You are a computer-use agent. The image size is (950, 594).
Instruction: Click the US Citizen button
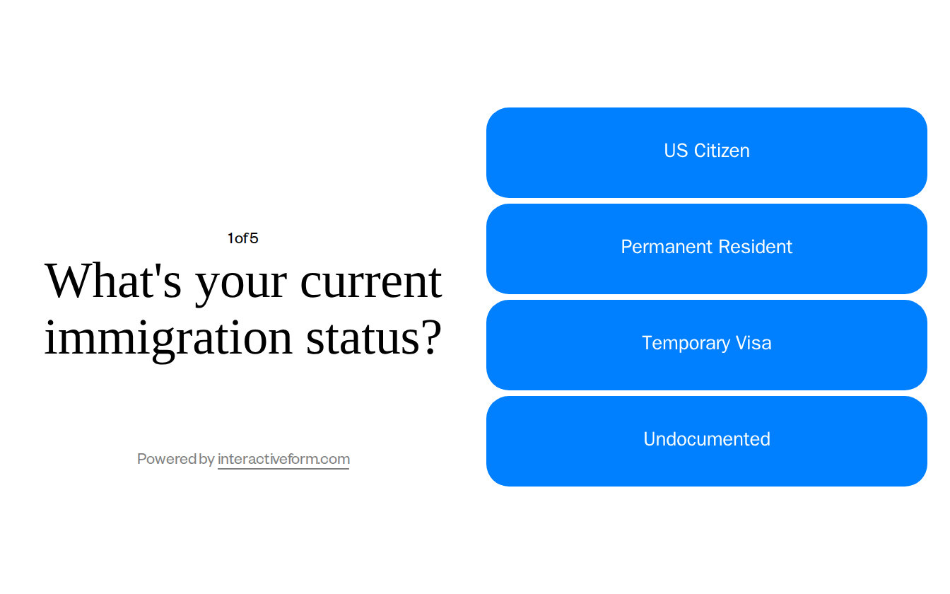(x=706, y=152)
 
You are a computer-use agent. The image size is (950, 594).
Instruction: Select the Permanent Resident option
(x=706, y=248)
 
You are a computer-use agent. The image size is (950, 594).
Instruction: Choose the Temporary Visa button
(x=706, y=344)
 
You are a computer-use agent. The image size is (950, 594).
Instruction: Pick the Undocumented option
(x=706, y=441)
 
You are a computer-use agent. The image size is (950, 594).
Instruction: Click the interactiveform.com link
(x=283, y=459)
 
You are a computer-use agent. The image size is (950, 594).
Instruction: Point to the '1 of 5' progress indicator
(x=242, y=238)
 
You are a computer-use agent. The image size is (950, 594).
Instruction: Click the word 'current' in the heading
(x=371, y=281)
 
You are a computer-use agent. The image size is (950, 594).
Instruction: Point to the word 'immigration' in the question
(x=168, y=338)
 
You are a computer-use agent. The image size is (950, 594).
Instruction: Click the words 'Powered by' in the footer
(x=175, y=459)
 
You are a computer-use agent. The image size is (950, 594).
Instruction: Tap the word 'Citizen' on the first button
(x=722, y=151)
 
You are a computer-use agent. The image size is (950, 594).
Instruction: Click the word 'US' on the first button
(x=675, y=151)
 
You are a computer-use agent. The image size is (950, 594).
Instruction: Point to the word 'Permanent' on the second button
(x=662, y=247)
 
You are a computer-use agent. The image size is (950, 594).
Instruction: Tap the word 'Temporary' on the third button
(x=686, y=344)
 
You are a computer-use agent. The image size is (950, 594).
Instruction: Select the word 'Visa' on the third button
(x=753, y=343)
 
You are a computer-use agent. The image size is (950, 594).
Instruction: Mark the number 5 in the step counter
(x=254, y=238)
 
